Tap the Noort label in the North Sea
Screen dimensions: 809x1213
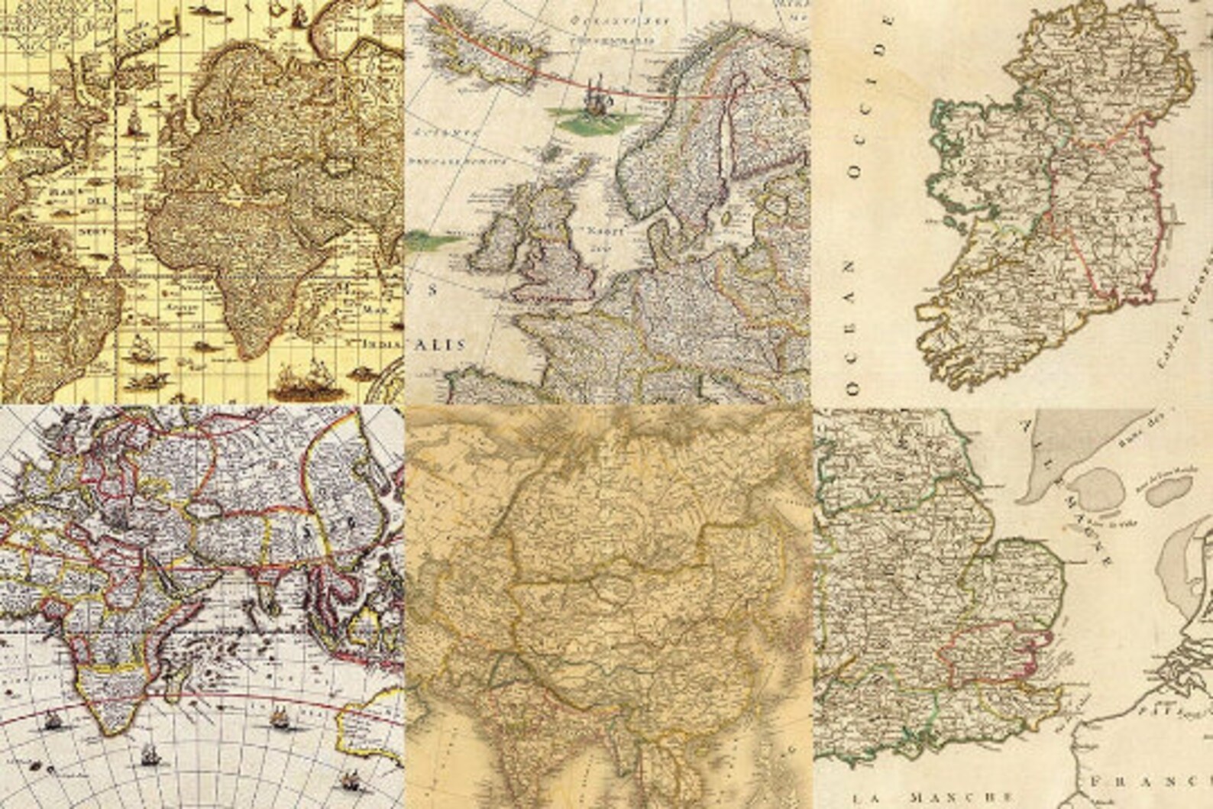pyautogui.click(x=607, y=231)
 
